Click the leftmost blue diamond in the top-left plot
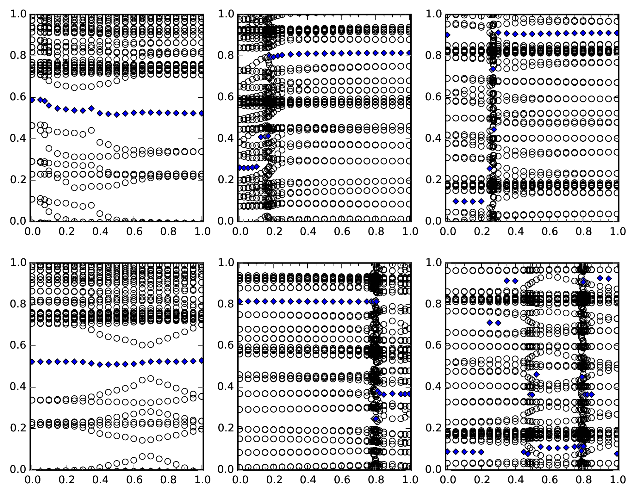[32, 100]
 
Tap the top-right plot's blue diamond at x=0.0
[447, 35]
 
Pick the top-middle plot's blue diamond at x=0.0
[240, 168]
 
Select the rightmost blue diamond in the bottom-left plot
[202, 360]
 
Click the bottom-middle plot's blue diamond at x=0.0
[240, 301]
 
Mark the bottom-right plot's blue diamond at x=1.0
[617, 454]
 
